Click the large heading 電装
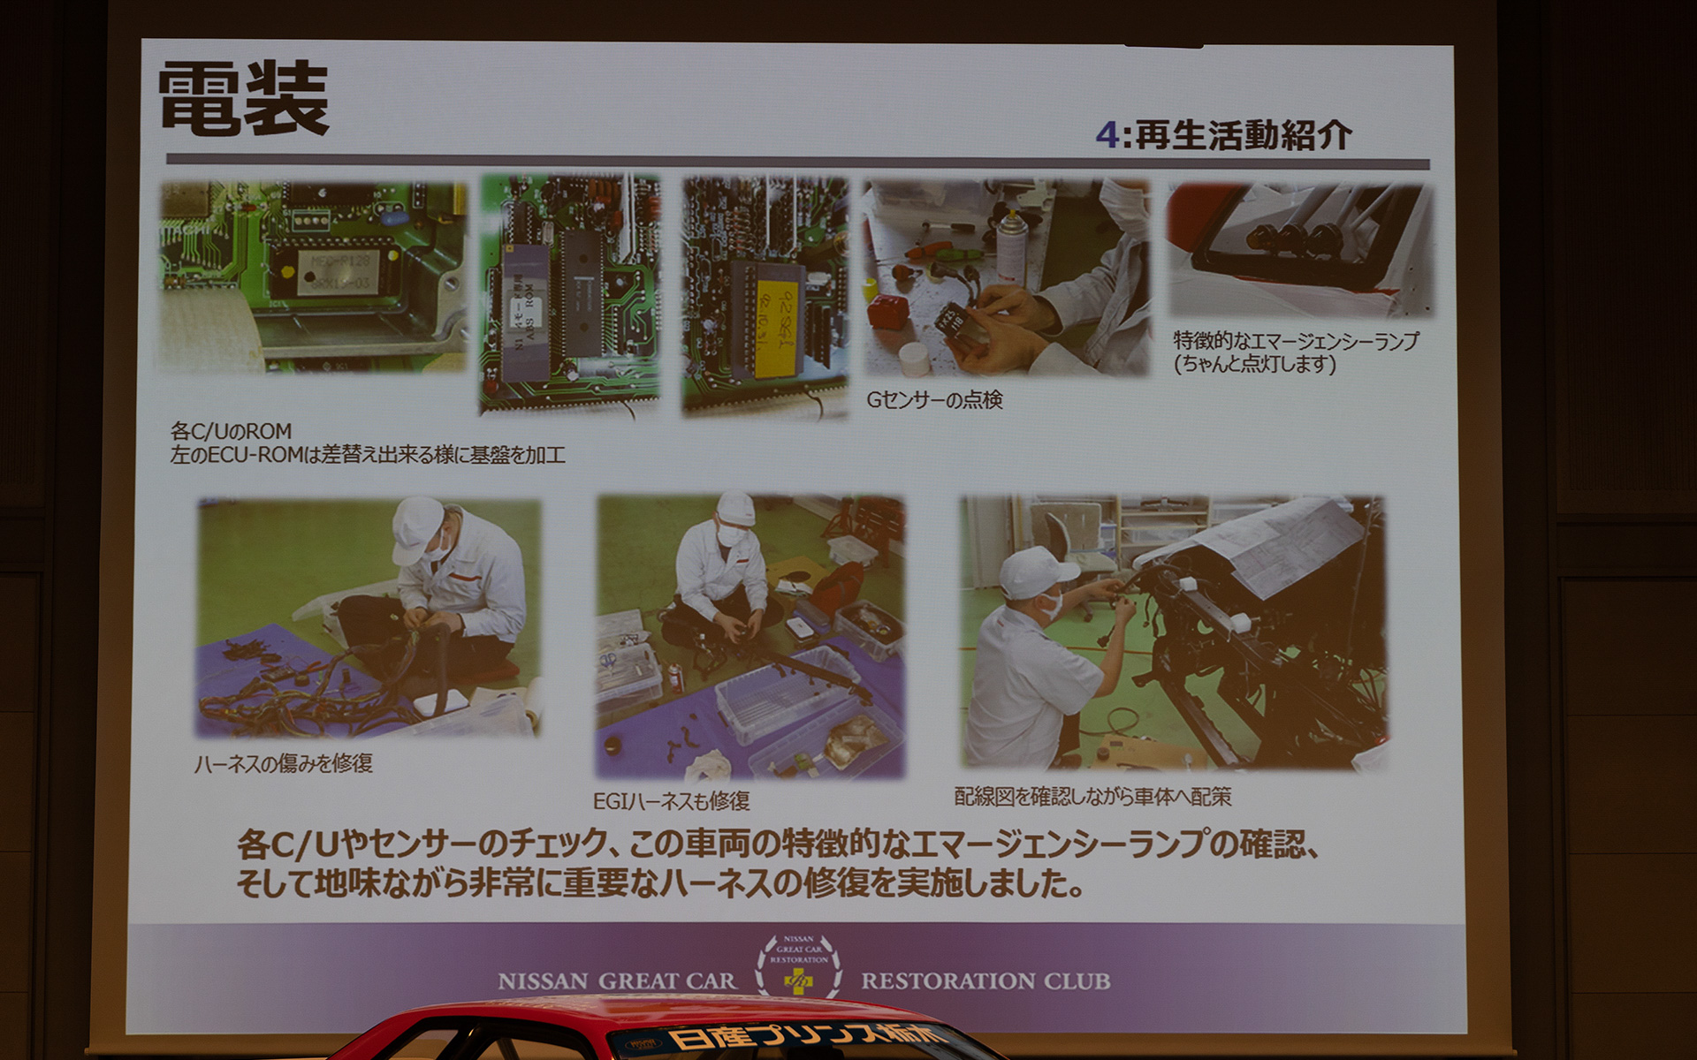pos(244,100)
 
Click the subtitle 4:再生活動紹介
pos(1223,135)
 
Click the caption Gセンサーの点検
pos(934,401)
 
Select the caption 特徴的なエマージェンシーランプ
pos(1296,342)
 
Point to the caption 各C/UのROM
pos(231,432)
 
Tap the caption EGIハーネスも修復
pos(671,801)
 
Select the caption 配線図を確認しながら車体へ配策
pos(1092,797)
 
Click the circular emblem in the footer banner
pos(798,966)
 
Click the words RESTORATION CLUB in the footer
pos(985,981)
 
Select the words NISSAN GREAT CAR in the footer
pos(616,981)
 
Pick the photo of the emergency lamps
pos(1298,250)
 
